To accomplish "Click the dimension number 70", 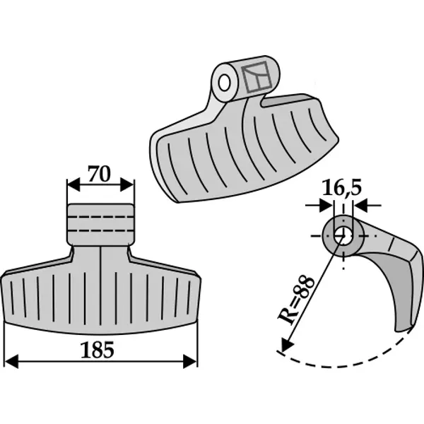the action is pos(99,174).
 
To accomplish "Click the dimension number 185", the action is pos(98,350).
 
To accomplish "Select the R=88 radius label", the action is pos(296,300).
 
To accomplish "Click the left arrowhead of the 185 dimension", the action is pos(11,361).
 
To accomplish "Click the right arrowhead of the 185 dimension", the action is pos(190,361).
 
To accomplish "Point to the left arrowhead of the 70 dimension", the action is pos(73,184).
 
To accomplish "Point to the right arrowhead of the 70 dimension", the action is pos(127,184).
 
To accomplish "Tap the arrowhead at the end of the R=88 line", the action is pos(287,345).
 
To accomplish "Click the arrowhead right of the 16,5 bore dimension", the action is pos(360,206).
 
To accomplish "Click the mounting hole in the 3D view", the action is pos(224,83).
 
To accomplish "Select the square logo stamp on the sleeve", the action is pos(257,77).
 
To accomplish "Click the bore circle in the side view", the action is pos(343,236).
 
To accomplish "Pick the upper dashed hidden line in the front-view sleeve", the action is pos(100,217).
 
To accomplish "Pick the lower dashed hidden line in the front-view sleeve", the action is pos(100,231).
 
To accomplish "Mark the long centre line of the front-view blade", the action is pos(100,285).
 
